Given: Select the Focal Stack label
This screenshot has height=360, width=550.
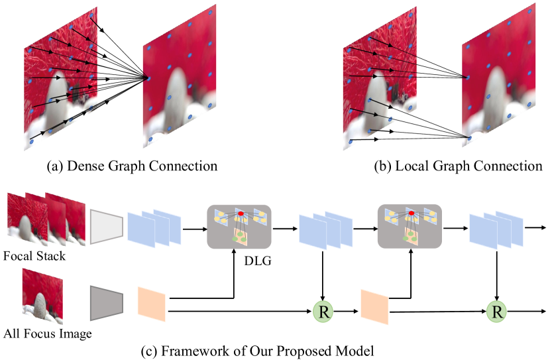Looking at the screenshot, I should (34, 255).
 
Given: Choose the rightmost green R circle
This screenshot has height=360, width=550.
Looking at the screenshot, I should (496, 310).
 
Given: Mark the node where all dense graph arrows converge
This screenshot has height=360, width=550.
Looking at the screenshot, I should (146, 79).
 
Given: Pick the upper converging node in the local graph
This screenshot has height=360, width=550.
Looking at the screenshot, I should (467, 77).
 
